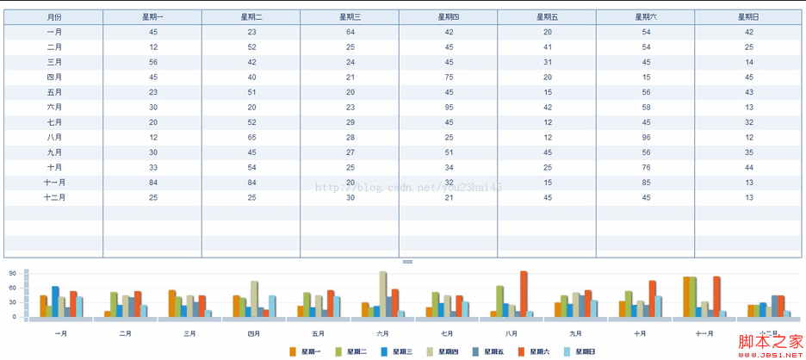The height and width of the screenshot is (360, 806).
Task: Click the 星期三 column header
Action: [x=350, y=17]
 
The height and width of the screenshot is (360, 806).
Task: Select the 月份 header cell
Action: [x=54, y=17]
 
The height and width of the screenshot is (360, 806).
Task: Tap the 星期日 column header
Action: [x=748, y=17]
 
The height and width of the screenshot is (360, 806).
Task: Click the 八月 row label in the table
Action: [x=54, y=138]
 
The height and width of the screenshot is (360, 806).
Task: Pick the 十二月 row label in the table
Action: [x=54, y=198]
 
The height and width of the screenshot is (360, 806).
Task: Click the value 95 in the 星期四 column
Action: [x=449, y=108]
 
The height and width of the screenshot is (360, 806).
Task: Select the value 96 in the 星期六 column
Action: [x=646, y=138]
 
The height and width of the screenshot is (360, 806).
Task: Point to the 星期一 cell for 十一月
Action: [x=152, y=183]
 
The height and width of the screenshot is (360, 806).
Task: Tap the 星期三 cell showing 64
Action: [x=350, y=32]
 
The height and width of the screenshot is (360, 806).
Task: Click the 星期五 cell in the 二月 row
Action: [x=548, y=47]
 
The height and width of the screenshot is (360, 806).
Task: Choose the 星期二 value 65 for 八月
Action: [x=251, y=138]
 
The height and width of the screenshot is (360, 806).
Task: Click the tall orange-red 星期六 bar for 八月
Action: [x=524, y=295]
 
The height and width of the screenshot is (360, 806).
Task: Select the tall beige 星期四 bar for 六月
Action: [x=382, y=295]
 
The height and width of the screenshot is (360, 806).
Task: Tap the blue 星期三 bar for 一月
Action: [x=55, y=302]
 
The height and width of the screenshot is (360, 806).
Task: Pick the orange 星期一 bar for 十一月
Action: [x=686, y=297]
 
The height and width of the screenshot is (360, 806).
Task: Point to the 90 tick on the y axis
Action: [x=13, y=274]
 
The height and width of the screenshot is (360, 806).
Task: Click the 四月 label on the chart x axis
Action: [x=254, y=333]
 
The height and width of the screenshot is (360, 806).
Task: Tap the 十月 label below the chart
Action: [x=640, y=333]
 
